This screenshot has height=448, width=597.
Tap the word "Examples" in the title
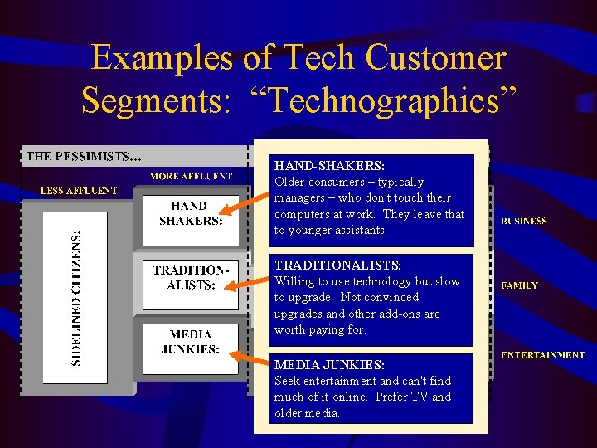click(x=163, y=58)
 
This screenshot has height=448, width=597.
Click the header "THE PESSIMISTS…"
click(x=84, y=156)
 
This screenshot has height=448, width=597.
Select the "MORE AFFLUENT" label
click(x=191, y=176)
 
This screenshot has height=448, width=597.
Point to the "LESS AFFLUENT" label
click(x=80, y=191)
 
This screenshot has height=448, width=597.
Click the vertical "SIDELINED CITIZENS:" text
click(x=76, y=298)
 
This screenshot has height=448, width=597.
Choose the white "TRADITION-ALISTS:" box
click(x=191, y=278)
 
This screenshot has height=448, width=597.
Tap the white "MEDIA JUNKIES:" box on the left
click(x=191, y=341)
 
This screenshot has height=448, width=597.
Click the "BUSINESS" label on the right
click(x=523, y=222)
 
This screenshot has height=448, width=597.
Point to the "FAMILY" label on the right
click(x=520, y=285)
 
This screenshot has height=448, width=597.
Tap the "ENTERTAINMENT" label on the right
click(x=542, y=355)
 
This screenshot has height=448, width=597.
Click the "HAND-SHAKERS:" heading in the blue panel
click(x=329, y=166)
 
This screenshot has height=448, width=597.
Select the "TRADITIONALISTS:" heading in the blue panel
click(x=337, y=265)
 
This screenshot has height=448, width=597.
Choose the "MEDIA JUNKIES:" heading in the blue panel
click(x=329, y=365)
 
